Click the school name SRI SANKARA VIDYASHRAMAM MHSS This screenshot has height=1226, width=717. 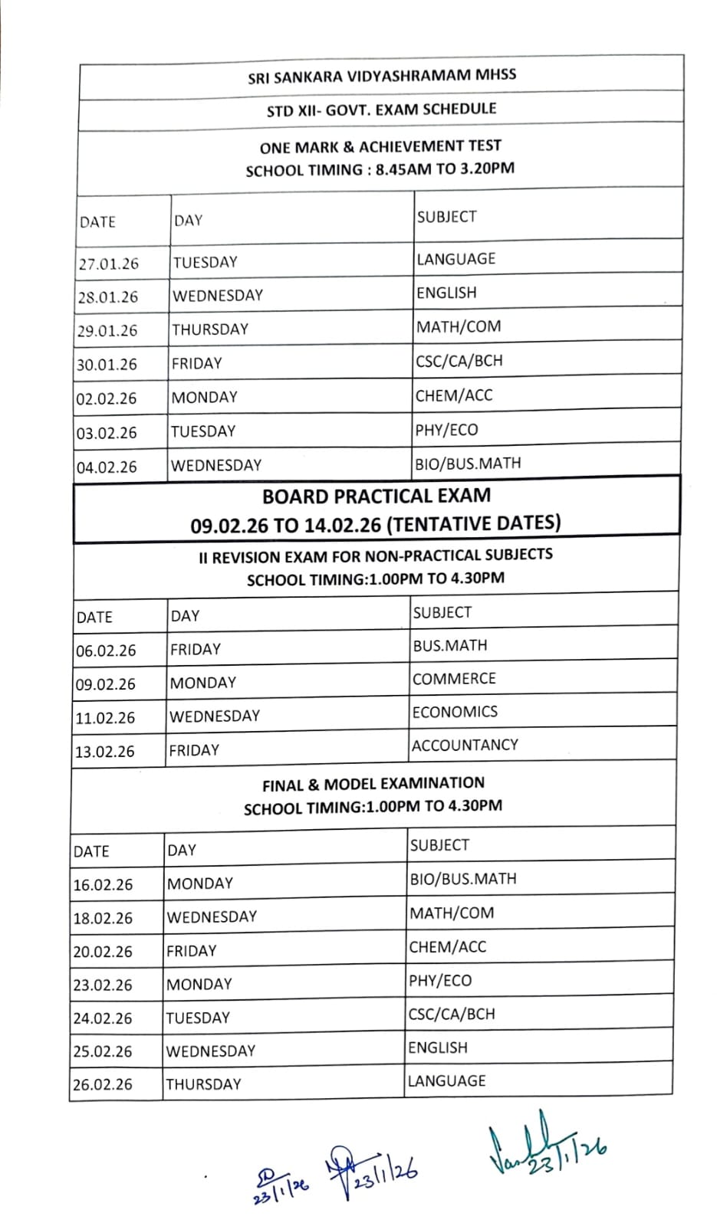pyautogui.click(x=382, y=76)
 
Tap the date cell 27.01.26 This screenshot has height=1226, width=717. pyautogui.click(x=108, y=264)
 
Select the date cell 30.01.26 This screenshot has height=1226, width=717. pyautogui.click(x=107, y=365)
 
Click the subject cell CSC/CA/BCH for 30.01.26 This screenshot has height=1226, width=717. pyautogui.click(x=459, y=361)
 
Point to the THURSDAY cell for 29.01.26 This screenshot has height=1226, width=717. pyautogui.click(x=210, y=329)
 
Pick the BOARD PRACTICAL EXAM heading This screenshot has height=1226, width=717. pyautogui.click(x=377, y=496)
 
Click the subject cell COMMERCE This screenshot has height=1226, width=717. pyautogui.click(x=454, y=679)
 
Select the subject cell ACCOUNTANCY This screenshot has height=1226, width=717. pyautogui.click(x=465, y=745)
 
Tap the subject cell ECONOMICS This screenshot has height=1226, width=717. pyautogui.click(x=455, y=712)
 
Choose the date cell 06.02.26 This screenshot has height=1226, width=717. pyautogui.click(x=106, y=651)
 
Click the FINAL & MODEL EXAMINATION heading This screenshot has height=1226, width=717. pyautogui.click(x=373, y=784)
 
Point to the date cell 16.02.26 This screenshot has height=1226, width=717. pyautogui.click(x=103, y=885)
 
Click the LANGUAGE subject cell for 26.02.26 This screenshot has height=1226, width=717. pyautogui.click(x=446, y=1081)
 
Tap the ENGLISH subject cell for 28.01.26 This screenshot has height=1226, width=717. pyautogui.click(x=446, y=293)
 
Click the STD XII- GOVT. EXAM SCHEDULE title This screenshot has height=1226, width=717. pyautogui.click(x=381, y=110)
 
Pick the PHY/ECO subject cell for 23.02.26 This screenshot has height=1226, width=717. pyautogui.click(x=440, y=980)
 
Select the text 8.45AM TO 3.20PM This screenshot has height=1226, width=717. pyautogui.click(x=446, y=169)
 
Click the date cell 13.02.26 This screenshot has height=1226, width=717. pyautogui.click(x=104, y=752)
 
